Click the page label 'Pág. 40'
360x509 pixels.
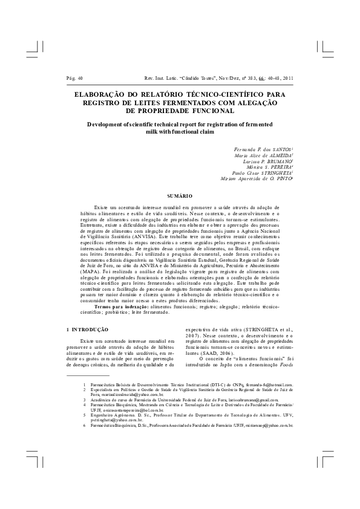pyautogui.click(x=74, y=78)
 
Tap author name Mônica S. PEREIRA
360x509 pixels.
pyautogui.click(x=266, y=169)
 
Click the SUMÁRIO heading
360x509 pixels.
pyautogui.click(x=180, y=196)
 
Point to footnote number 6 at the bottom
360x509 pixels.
pyautogui.click(x=85, y=443)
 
